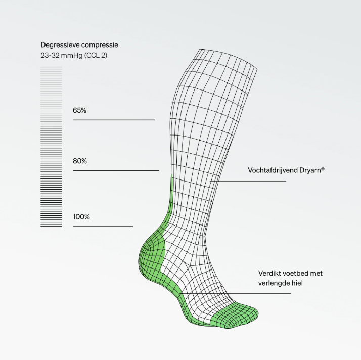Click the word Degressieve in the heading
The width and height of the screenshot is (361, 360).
(60, 45)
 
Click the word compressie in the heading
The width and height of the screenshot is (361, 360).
(100, 46)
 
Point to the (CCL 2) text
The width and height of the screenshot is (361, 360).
(96, 56)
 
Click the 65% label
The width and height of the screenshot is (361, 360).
(79, 111)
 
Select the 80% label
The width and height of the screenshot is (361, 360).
(80, 161)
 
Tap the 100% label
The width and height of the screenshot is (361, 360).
(81, 217)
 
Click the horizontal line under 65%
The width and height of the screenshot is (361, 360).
(114, 120)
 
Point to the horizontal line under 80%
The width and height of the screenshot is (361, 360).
(116, 170)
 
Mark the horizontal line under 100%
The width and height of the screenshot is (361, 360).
(103, 227)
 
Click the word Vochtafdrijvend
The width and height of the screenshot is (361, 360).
(273, 170)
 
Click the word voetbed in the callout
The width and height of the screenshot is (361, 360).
(295, 273)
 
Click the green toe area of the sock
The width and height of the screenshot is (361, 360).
(235, 316)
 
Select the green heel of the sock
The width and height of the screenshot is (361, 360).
(152, 258)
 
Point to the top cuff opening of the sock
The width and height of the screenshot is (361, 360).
(228, 59)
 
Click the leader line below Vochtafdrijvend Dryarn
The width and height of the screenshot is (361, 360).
(248, 181)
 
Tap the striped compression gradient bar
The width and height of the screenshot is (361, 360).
(51, 147)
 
